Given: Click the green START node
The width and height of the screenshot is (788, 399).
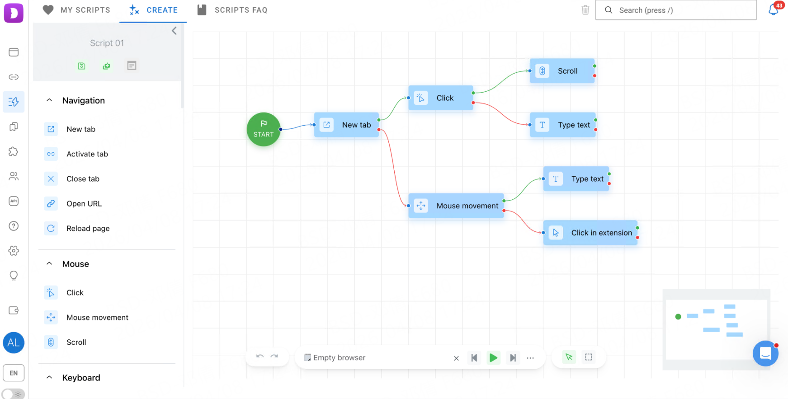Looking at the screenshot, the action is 264,129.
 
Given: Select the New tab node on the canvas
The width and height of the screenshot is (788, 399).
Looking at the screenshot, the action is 346,125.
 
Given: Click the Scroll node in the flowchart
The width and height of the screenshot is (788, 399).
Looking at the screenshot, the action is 562,71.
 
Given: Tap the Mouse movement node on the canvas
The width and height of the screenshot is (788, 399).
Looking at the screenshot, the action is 456,206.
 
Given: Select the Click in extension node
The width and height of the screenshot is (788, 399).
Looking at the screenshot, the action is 590,233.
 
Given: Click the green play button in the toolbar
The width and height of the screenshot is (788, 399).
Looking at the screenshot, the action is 493,358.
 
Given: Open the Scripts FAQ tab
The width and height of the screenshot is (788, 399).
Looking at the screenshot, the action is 232,10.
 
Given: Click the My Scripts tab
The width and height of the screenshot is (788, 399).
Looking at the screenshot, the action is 76,10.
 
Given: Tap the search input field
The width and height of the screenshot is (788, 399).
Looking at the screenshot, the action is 676,10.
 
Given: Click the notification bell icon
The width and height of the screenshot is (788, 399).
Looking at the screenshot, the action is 774,9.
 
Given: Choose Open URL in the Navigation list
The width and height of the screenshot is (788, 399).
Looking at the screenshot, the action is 84,204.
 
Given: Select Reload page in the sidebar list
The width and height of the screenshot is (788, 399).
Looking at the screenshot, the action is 88,229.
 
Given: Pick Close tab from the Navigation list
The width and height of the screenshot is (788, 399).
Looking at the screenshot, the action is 83,179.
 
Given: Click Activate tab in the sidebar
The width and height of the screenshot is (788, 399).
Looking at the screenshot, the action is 87,154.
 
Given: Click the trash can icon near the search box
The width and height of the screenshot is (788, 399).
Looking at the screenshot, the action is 585,10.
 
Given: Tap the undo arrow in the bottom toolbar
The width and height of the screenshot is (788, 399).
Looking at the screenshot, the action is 260,357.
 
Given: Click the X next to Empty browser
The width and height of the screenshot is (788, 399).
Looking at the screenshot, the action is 456,358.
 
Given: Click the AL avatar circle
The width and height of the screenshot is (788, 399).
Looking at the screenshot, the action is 14,343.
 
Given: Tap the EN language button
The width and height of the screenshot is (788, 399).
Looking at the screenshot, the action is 14,373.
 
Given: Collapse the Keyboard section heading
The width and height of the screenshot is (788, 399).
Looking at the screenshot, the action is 49,377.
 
